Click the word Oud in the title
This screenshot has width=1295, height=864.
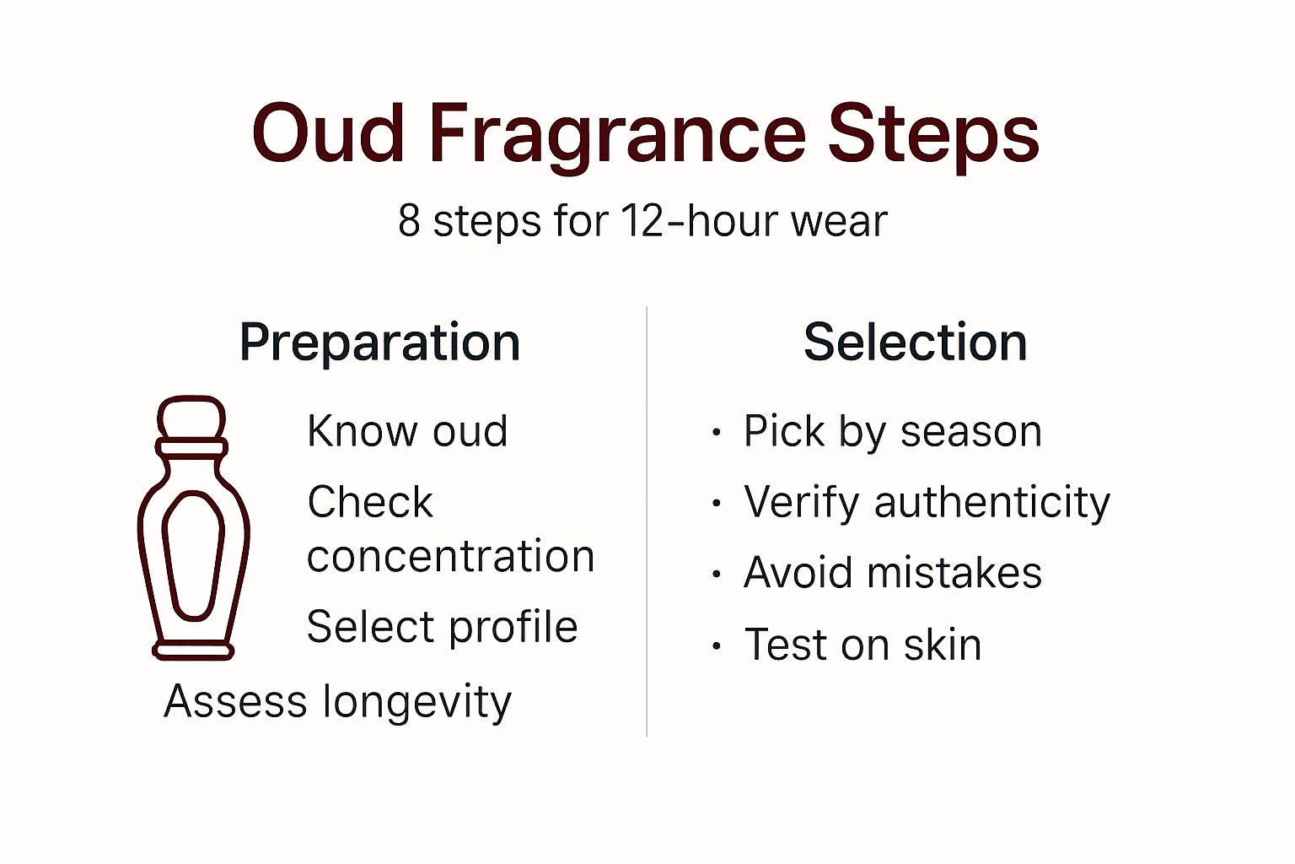329,135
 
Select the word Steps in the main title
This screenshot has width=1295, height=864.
933,135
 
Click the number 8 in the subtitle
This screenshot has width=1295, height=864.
409,221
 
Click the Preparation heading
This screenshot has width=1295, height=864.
379,343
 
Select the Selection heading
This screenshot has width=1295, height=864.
916,343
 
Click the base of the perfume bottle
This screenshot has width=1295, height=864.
193,651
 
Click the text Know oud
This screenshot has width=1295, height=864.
407,431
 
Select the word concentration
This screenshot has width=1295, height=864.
451,557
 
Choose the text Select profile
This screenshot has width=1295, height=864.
443,627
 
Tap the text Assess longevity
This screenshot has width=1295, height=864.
337,701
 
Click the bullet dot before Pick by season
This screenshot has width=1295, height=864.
717,434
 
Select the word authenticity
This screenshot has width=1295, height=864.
992,503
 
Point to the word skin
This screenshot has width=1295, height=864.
943,645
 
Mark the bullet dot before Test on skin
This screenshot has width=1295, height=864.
717,648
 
